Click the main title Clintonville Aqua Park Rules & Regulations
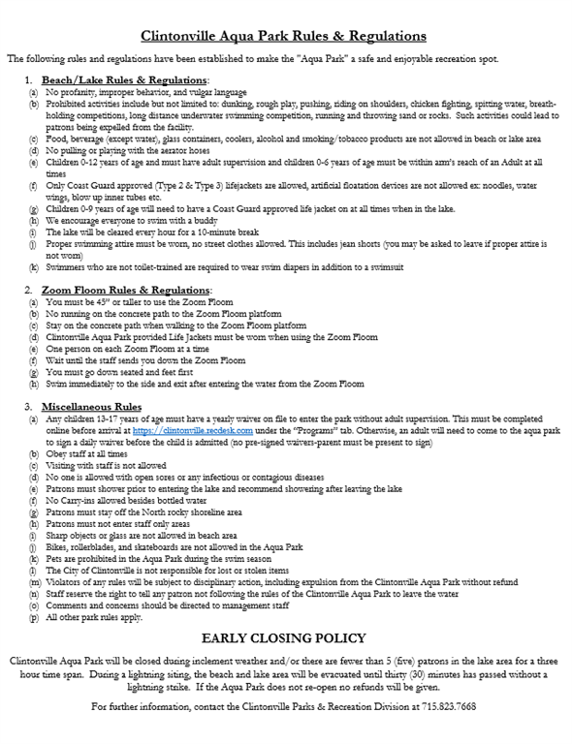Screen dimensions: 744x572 pos(284,36)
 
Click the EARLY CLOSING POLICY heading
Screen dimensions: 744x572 pos(283,639)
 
